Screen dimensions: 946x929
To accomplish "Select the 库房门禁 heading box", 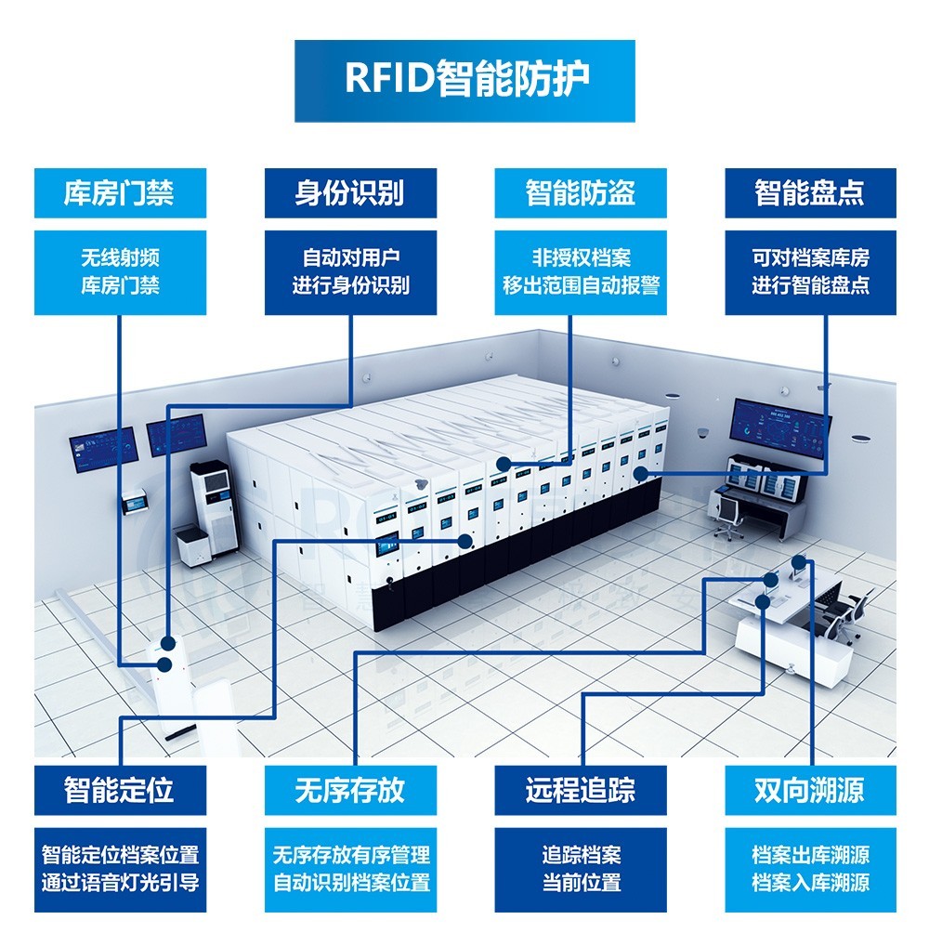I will pyautogui.click(x=119, y=193).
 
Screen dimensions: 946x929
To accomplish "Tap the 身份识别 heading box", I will pyautogui.click(x=349, y=193).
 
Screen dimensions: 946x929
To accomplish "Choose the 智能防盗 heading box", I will pyautogui.click(x=580, y=193).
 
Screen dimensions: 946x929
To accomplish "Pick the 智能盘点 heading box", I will pyautogui.click(x=810, y=193).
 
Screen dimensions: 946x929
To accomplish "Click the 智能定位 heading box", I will pyautogui.click(x=119, y=790).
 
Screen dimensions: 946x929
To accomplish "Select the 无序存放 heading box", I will pyautogui.click(x=349, y=790).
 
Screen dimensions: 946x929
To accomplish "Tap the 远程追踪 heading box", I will pyautogui.click(x=580, y=790).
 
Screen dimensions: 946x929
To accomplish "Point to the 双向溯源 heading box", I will pyautogui.click(x=810, y=790).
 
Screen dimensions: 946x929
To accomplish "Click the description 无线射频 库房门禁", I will pyautogui.click(x=119, y=272).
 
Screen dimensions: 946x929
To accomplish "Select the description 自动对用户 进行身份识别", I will pyautogui.click(x=349, y=272).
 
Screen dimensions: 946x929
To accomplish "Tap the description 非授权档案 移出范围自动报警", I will pyautogui.click(x=580, y=272).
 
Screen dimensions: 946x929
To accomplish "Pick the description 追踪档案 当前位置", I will pyautogui.click(x=580, y=869).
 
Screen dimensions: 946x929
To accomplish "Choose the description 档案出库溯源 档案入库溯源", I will pyautogui.click(x=810, y=869).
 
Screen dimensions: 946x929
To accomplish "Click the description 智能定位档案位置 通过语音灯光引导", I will pyautogui.click(x=119, y=869).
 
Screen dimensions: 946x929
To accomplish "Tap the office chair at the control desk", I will pyautogui.click(x=728, y=516).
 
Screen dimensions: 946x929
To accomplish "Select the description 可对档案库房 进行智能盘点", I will pyautogui.click(x=810, y=272).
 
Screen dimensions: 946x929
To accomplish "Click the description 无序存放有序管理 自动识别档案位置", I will pyautogui.click(x=349, y=869).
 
